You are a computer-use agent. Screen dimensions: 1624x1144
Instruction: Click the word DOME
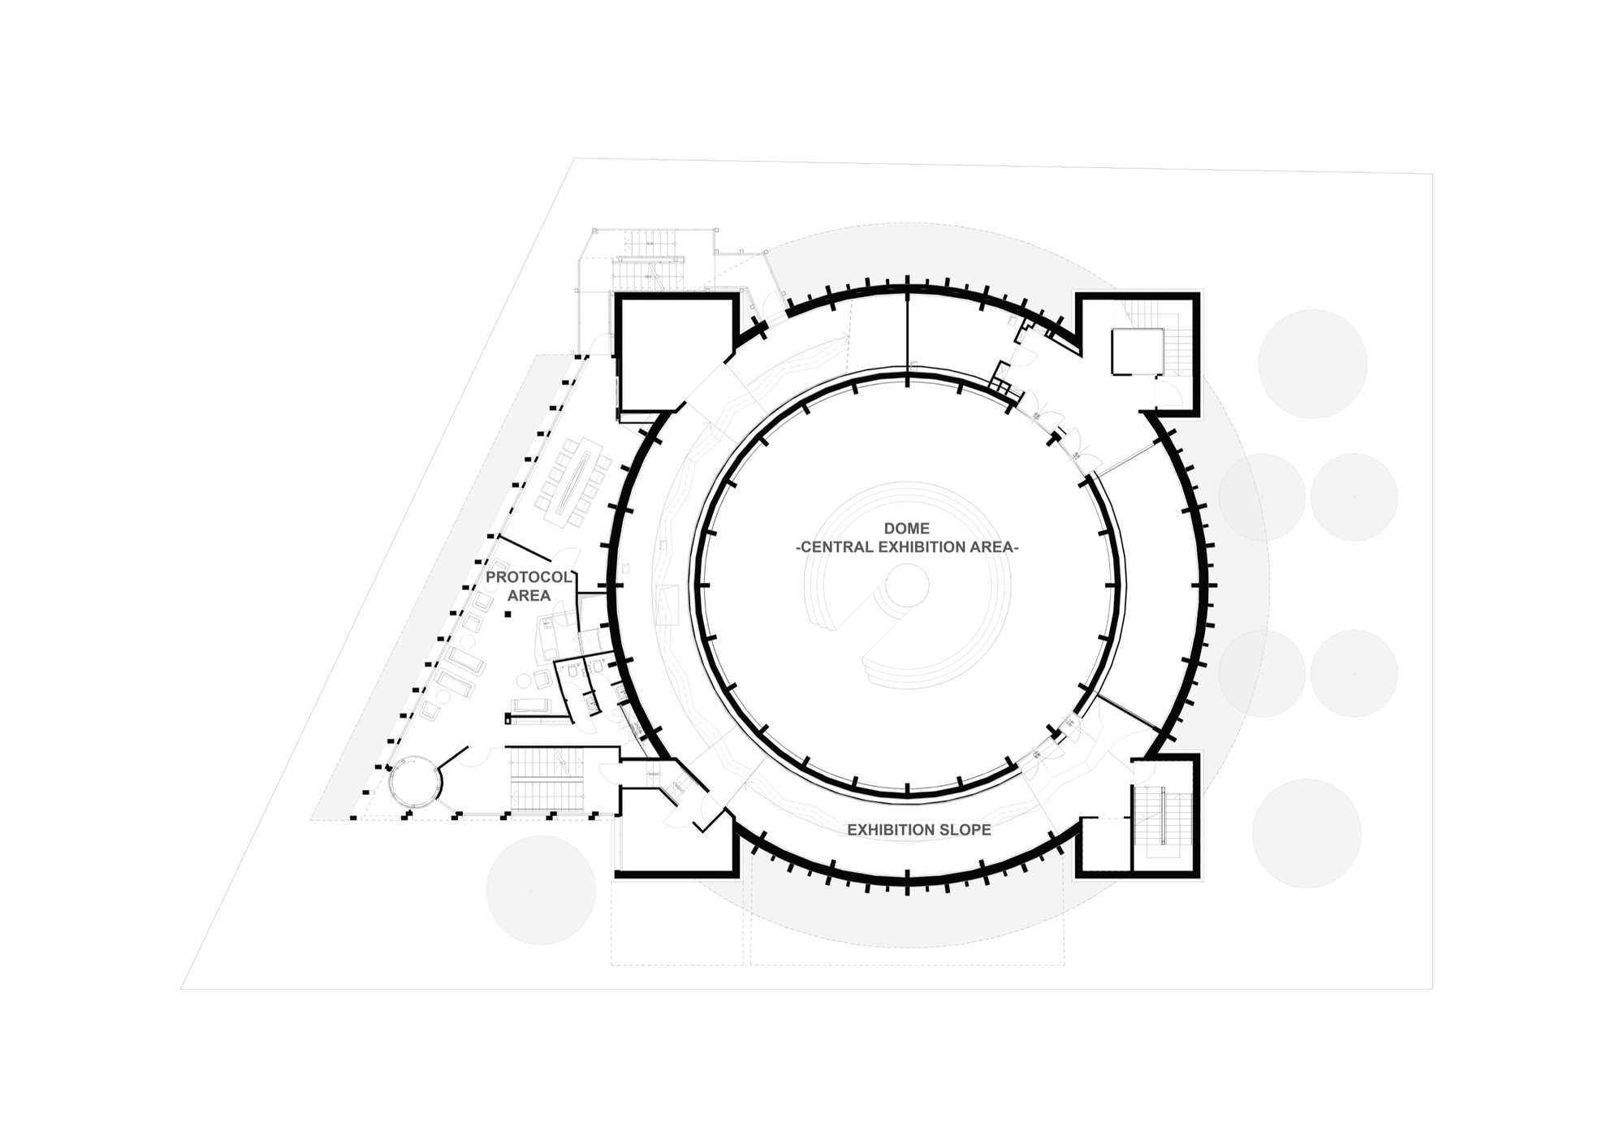click(906, 529)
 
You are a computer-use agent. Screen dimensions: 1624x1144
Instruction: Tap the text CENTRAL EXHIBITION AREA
click(906, 547)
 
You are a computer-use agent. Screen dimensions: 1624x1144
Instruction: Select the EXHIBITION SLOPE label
click(918, 830)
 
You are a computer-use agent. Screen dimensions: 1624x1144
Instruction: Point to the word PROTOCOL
click(529, 577)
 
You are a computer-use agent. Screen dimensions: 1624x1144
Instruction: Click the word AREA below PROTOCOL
click(529, 596)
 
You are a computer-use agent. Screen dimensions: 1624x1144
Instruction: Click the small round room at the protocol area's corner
click(414, 781)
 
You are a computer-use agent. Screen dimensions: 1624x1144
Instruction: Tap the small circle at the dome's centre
click(907, 585)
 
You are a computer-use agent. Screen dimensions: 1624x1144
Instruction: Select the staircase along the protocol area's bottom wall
click(546, 777)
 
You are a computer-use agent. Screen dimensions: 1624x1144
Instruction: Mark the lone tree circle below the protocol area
click(541, 890)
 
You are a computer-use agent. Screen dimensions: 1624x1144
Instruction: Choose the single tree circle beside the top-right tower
click(1312, 364)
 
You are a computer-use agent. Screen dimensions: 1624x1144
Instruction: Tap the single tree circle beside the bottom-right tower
click(1307, 833)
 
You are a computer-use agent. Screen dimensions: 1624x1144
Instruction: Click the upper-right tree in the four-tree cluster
click(1354, 497)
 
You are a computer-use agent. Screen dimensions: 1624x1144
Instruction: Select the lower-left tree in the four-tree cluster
click(1262, 673)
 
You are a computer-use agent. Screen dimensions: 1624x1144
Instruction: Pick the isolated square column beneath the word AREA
click(508, 615)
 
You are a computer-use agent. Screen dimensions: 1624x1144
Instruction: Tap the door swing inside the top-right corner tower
click(1169, 395)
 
